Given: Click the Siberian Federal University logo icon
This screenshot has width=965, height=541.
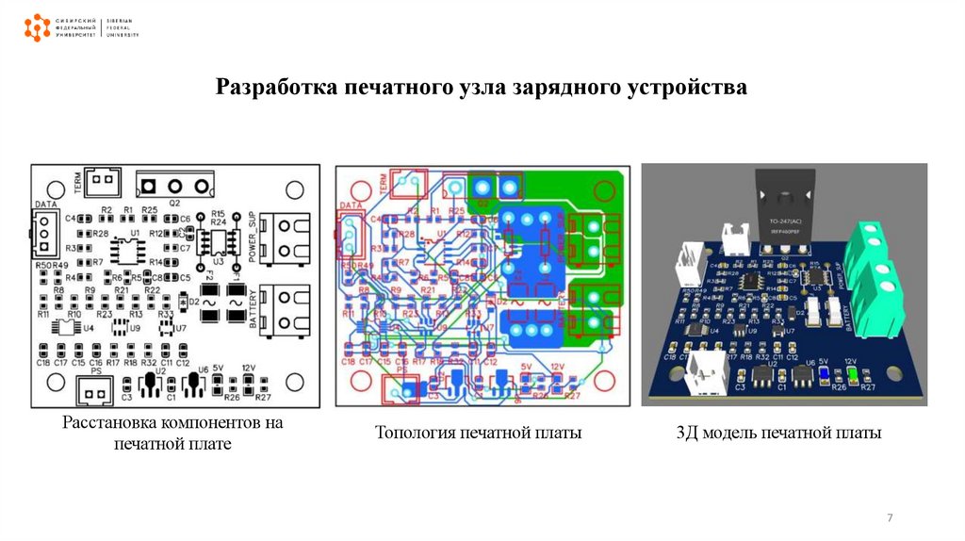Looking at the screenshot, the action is pyautogui.click(x=37, y=27).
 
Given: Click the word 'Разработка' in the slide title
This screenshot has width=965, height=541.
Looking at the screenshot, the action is pyautogui.click(x=273, y=89).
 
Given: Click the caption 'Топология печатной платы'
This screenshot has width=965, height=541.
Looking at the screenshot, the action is pyautogui.click(x=479, y=433).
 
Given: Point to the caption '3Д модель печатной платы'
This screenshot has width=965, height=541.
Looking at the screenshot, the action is pyautogui.click(x=778, y=433).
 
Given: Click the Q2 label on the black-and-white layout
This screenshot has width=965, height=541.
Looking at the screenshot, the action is pyautogui.click(x=174, y=203).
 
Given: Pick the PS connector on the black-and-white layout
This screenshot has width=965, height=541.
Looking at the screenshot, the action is pyautogui.click(x=90, y=387).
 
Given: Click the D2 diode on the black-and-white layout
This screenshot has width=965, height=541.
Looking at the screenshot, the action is pyautogui.click(x=182, y=302).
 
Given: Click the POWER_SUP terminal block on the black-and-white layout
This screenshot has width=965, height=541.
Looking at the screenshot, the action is pyautogui.click(x=290, y=237).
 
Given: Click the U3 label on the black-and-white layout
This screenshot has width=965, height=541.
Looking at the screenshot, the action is pyautogui.click(x=219, y=260).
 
